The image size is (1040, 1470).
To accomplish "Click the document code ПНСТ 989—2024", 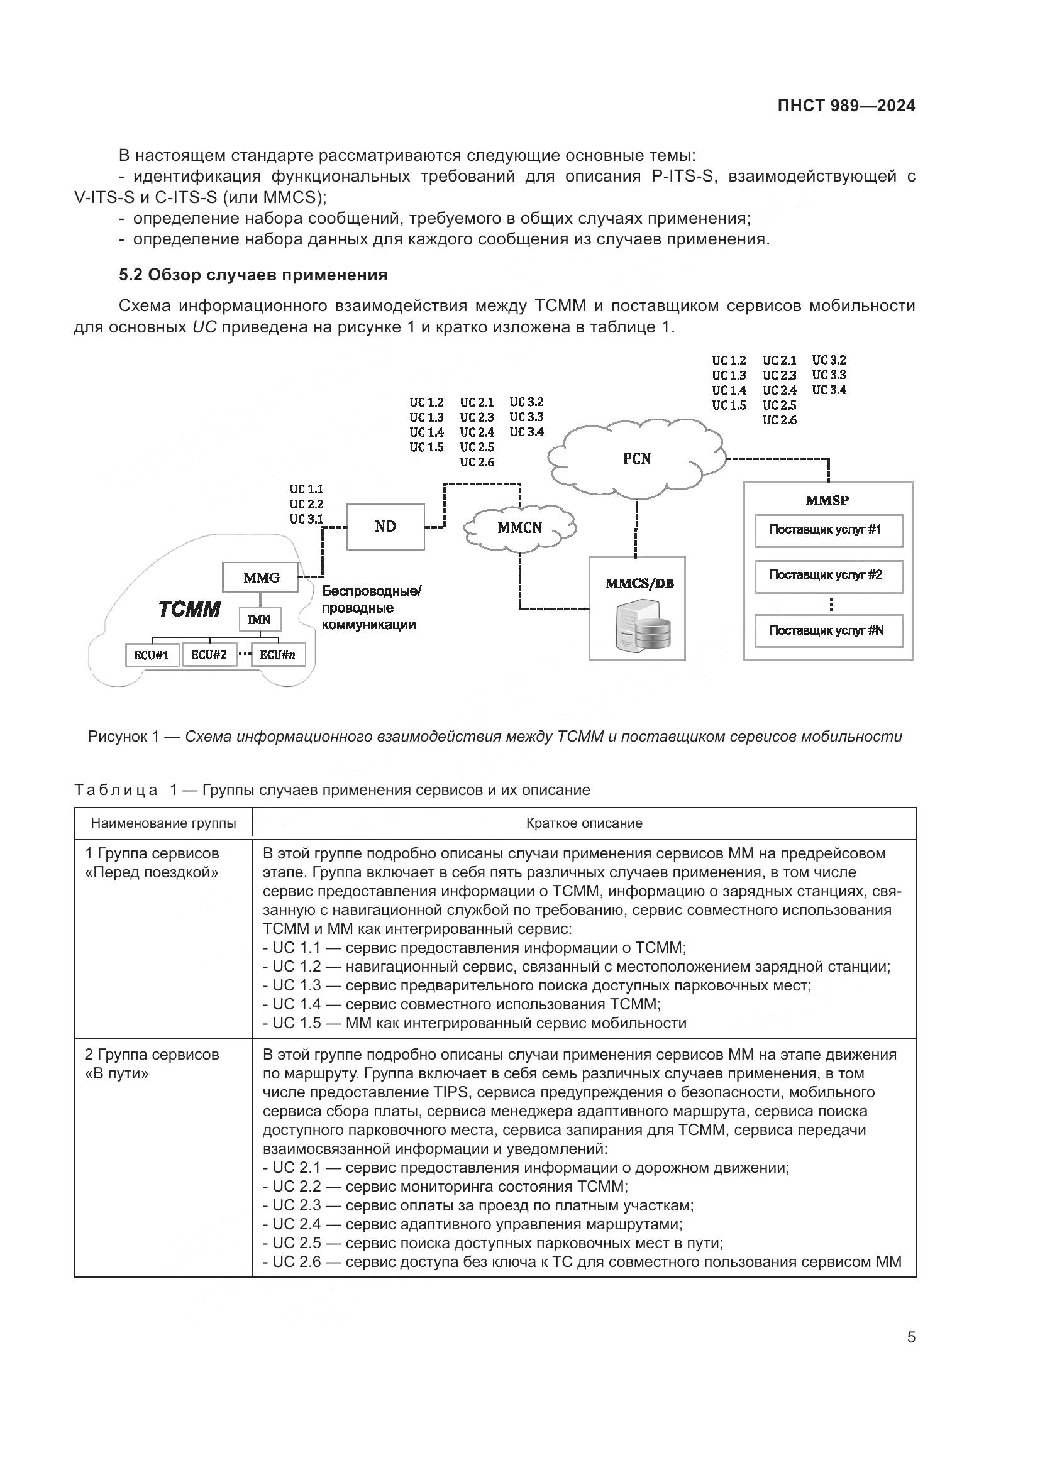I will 846,106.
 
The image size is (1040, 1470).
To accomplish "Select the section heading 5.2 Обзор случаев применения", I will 253,275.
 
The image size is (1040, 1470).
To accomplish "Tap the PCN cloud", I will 636,458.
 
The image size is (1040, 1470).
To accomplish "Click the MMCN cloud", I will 519,527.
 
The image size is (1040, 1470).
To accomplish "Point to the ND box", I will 385,526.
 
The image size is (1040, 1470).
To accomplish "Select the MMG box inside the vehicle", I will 261,578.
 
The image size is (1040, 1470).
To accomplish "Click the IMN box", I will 259,620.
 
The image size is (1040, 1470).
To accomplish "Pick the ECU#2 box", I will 209,655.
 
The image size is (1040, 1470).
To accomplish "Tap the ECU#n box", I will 278,655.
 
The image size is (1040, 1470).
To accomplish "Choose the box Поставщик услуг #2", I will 828,576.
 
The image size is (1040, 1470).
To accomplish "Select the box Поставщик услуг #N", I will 828,630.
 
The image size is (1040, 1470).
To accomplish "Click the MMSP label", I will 827,501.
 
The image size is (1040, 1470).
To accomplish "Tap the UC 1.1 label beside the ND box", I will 306,490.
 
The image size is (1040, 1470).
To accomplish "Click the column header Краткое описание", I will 584,823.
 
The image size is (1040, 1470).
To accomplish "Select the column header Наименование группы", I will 163,823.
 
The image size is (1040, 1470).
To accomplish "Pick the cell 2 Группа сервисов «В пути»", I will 152,1063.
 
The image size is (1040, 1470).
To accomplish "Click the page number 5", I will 911,1337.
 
